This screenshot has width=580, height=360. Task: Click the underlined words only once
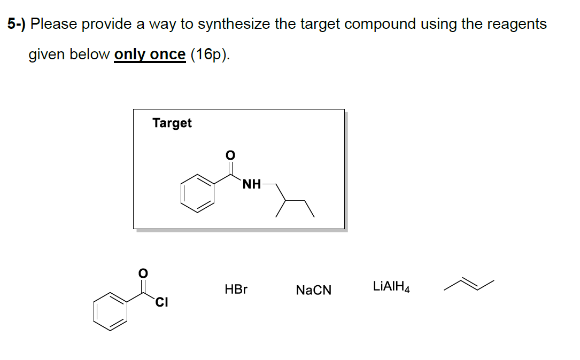click(x=150, y=54)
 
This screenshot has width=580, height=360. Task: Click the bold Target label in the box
click(x=172, y=123)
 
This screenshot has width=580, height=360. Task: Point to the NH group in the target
click(x=252, y=185)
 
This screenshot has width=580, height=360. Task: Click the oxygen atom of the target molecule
click(x=230, y=155)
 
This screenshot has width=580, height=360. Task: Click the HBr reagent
click(x=236, y=290)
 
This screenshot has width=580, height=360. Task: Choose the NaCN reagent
click(x=313, y=291)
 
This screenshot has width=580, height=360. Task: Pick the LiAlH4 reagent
click(x=391, y=287)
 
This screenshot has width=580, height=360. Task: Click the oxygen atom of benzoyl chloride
click(x=143, y=273)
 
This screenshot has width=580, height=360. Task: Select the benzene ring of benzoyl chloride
click(x=111, y=310)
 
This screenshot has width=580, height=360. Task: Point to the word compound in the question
click(x=381, y=24)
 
